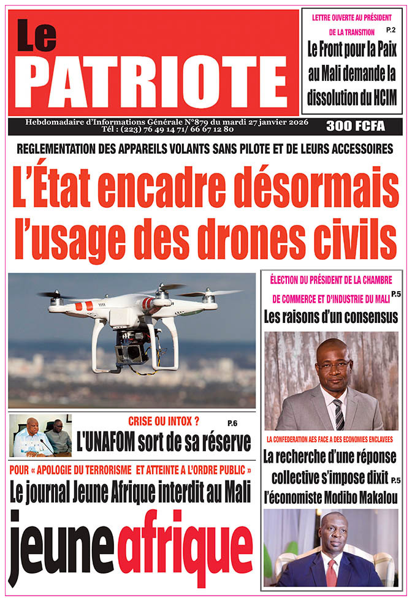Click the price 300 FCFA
point(355,126)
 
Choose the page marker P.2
point(391,30)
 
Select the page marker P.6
point(231,423)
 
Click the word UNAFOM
point(110,441)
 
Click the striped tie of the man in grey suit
point(338,414)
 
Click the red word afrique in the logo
point(185,546)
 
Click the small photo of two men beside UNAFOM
point(40,436)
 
